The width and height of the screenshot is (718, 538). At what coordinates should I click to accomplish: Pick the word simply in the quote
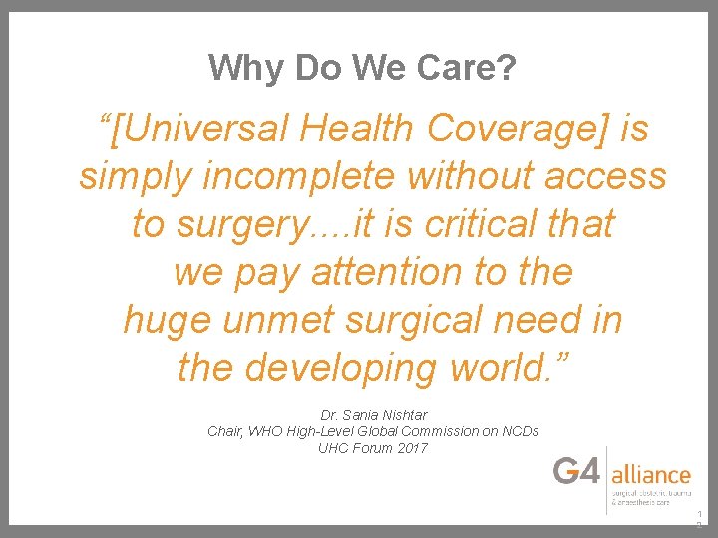pyautogui.click(x=136, y=176)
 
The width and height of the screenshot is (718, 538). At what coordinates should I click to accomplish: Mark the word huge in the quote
pyautogui.click(x=166, y=320)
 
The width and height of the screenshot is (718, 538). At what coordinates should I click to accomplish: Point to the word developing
pyautogui.click(x=341, y=368)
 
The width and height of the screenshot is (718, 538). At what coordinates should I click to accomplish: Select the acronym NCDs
pyautogui.click(x=519, y=431)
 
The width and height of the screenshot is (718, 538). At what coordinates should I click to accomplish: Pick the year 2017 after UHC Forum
pyautogui.click(x=411, y=448)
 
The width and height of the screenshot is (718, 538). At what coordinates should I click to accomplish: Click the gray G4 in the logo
pyautogui.click(x=578, y=472)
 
